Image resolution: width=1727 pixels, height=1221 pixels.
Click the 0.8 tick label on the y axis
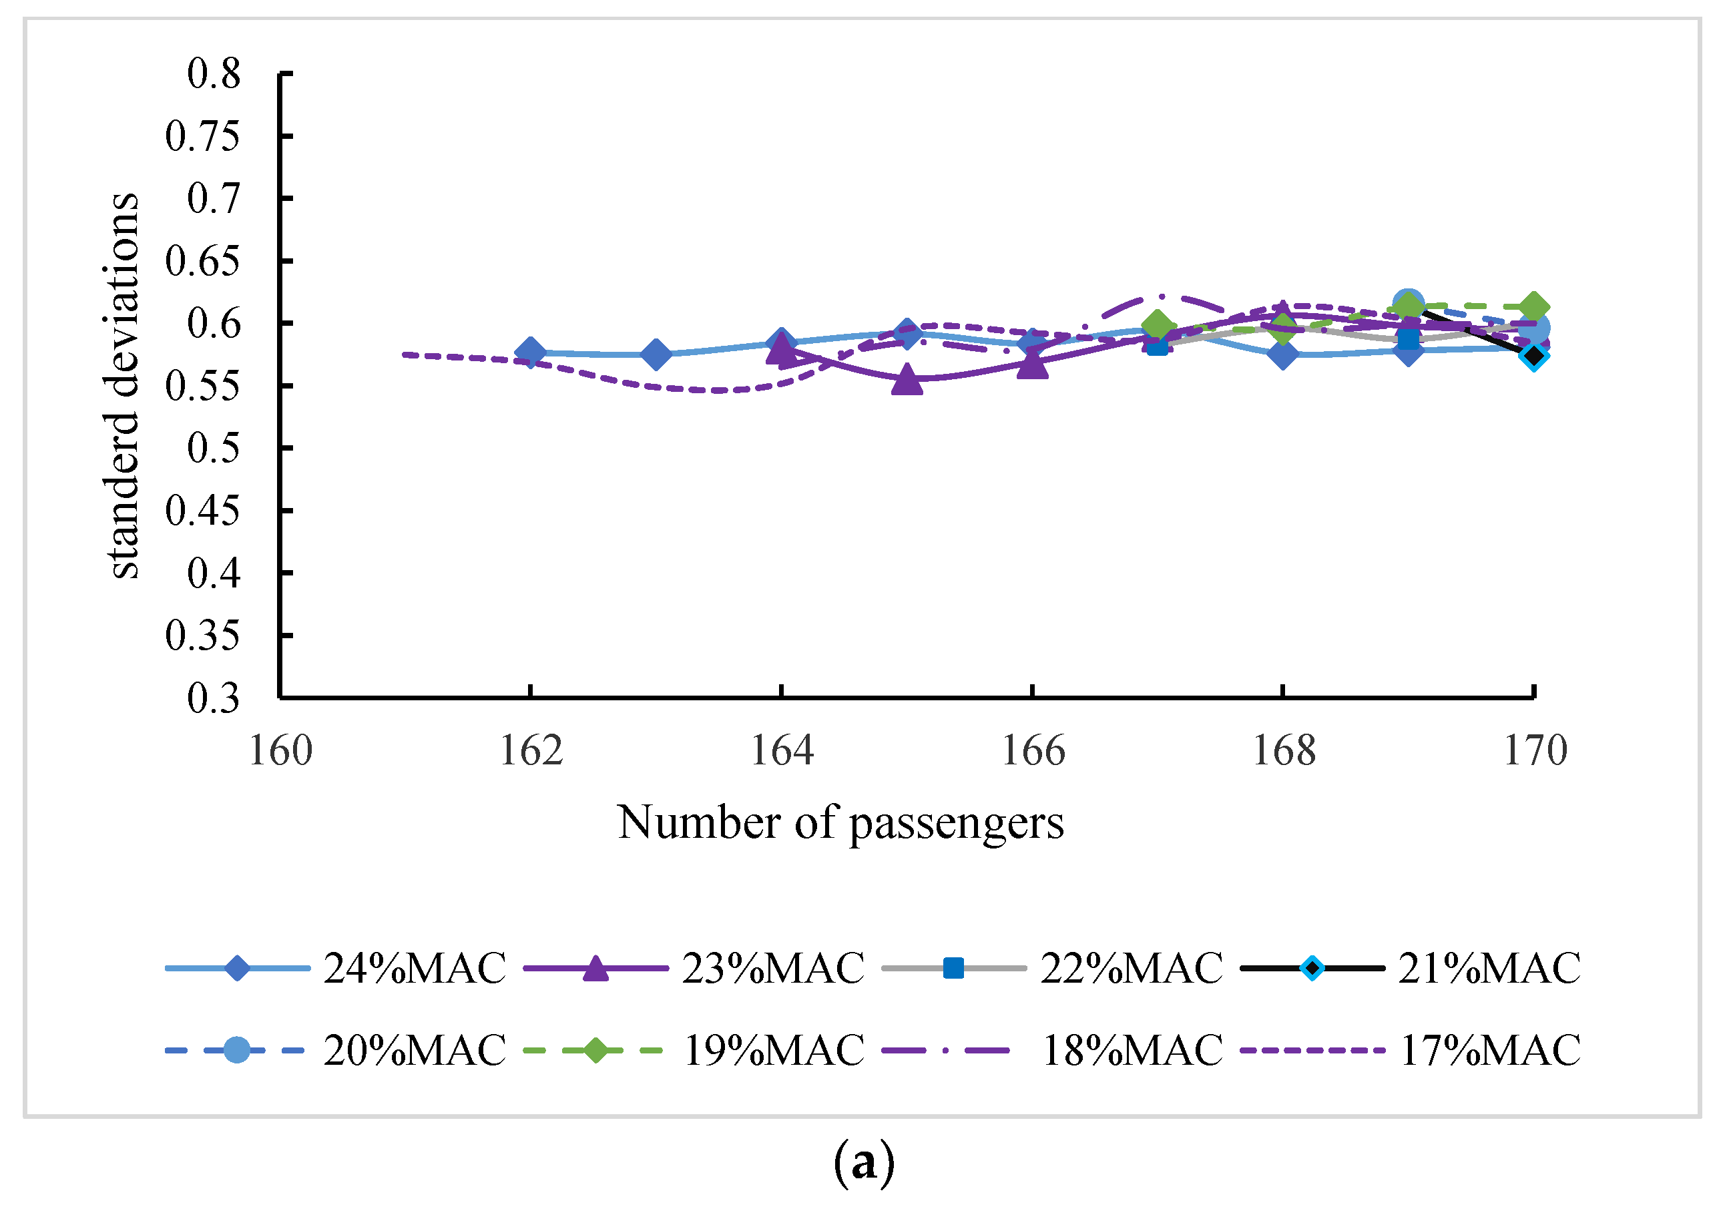tap(214, 75)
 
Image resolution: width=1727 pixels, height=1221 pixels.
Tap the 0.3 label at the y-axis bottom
tap(214, 698)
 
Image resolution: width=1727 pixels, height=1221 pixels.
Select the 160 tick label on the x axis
tap(280, 752)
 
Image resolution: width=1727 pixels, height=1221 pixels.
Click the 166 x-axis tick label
tap(1033, 752)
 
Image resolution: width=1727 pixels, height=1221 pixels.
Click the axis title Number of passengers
tap(840, 823)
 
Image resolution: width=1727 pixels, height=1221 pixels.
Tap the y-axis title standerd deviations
tap(123, 386)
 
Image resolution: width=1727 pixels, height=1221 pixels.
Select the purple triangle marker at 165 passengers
tap(908, 381)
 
